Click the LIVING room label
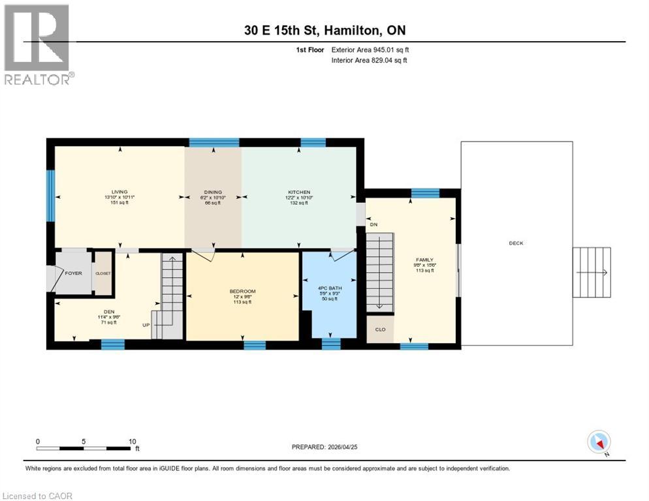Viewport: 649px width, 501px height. click(x=119, y=191)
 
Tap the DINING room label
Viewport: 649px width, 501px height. click(x=212, y=192)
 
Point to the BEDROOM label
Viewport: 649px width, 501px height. click(x=242, y=291)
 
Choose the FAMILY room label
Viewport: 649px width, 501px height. click(x=425, y=259)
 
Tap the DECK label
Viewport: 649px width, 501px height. click(x=516, y=243)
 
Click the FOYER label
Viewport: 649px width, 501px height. click(x=73, y=273)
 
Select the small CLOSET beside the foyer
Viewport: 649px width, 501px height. click(x=103, y=273)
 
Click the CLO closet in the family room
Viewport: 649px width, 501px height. click(x=380, y=329)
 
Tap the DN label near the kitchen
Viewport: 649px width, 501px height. click(x=373, y=224)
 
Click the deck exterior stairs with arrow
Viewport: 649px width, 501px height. click(x=592, y=272)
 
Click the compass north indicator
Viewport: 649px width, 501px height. click(x=599, y=442)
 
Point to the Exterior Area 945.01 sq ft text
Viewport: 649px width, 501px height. click(x=370, y=50)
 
